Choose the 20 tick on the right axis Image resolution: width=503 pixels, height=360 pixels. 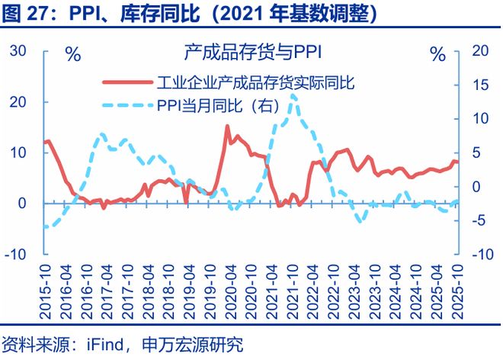pyautogui.click(x=479, y=51)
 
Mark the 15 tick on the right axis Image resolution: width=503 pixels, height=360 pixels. pyautogui.click(x=479, y=85)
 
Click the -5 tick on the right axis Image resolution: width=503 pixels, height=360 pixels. pyautogui.click(x=479, y=220)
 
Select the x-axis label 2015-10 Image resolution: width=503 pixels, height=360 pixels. pyautogui.click(x=45, y=289)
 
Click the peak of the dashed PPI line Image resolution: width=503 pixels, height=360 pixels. pyautogui.click(x=293, y=94)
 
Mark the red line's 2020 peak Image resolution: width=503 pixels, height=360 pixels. pyautogui.click(x=228, y=127)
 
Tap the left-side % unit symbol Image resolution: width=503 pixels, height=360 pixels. pyautogui.click(x=73, y=54)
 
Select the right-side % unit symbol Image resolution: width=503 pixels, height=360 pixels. pyautogui.click(x=438, y=54)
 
